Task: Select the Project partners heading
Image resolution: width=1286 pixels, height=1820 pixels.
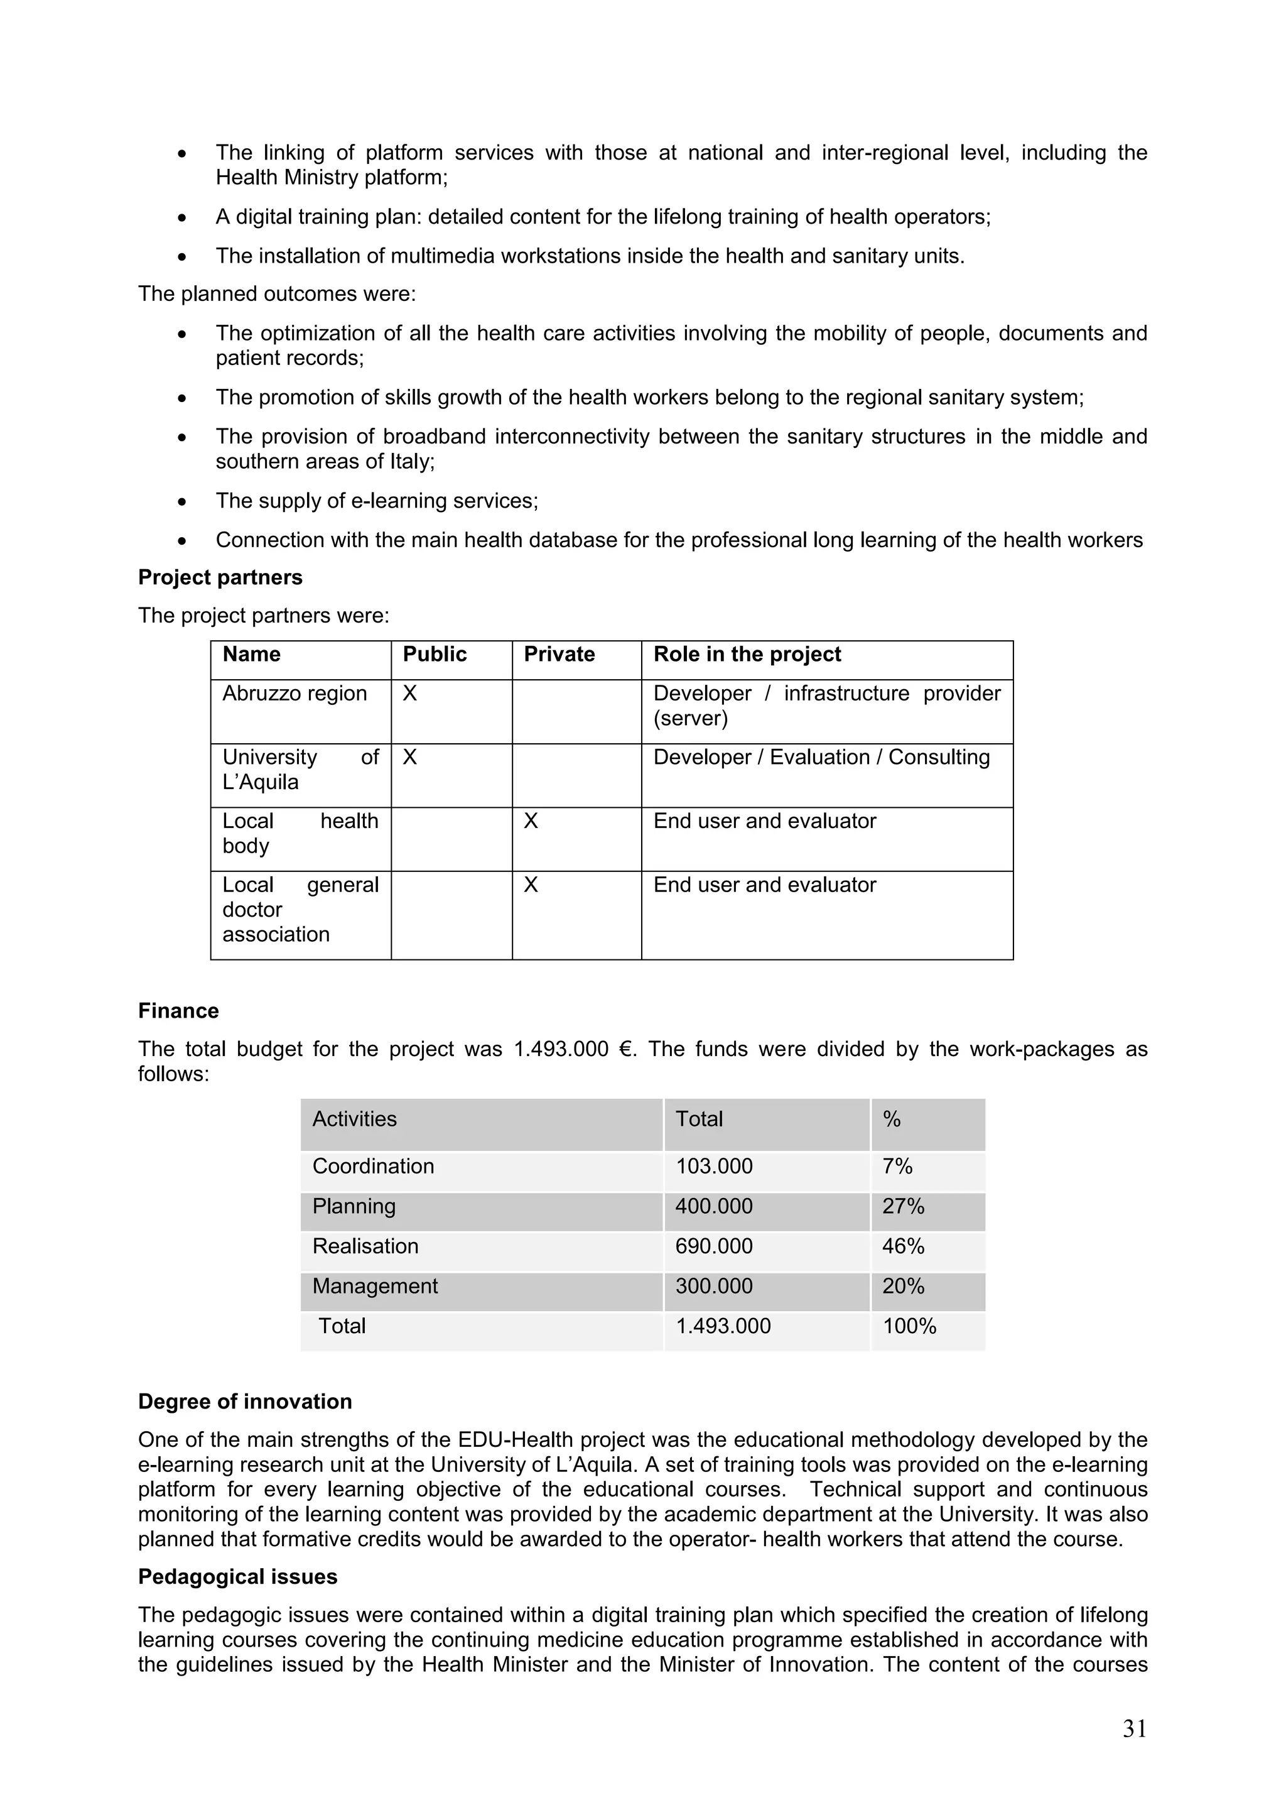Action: [220, 577]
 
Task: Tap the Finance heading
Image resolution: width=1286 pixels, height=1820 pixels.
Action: [178, 1011]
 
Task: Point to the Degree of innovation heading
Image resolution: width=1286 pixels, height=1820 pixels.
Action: [245, 1402]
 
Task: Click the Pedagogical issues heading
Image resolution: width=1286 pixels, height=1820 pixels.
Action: [238, 1577]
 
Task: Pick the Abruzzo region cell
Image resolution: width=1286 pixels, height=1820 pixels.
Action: [294, 694]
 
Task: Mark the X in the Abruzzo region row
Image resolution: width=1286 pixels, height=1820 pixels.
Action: [409, 694]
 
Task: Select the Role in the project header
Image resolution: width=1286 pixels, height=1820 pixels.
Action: [747, 654]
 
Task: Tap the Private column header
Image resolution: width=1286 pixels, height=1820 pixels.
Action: [559, 654]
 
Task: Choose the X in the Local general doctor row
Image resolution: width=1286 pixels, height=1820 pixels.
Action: [531, 885]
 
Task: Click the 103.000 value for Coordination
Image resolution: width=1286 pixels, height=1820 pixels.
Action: [714, 1166]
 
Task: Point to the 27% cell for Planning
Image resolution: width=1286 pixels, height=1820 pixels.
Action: [904, 1206]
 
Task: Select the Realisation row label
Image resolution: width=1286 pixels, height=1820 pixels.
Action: [365, 1246]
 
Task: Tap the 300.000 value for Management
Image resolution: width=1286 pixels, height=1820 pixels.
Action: [714, 1286]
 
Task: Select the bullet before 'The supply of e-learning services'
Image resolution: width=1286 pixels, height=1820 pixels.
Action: [182, 502]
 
